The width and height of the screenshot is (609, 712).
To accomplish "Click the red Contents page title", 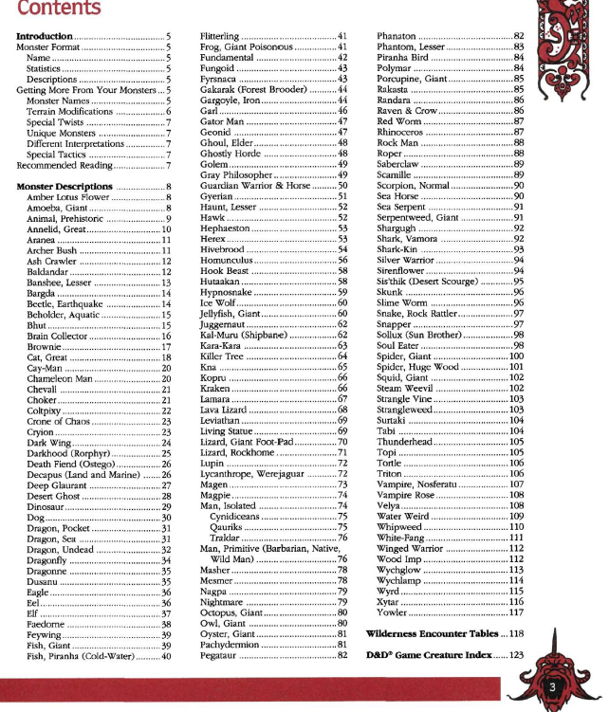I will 59,10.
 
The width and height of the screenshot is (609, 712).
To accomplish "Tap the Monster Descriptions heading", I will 65,187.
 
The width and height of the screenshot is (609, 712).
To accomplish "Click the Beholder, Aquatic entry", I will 63,314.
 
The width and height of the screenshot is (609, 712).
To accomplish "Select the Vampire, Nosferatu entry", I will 422,484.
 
